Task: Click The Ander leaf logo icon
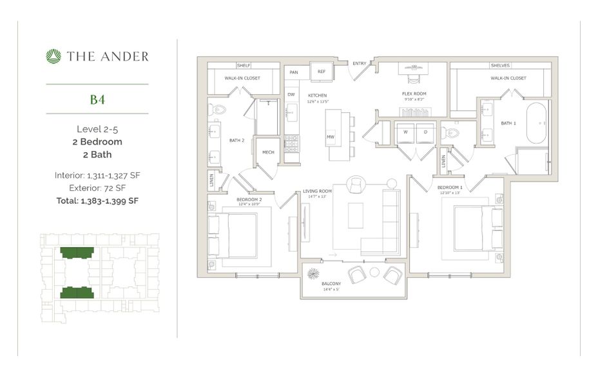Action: coord(53,56)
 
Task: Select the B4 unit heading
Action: coord(97,99)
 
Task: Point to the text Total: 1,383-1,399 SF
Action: coord(97,201)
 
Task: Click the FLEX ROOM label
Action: coord(414,94)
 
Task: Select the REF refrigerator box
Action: coord(321,71)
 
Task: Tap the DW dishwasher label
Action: coord(291,95)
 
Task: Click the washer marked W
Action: coord(405,132)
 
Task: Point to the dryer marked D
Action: coord(425,132)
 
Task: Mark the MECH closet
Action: coord(267,152)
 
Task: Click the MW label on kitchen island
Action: coord(330,137)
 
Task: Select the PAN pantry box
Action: coord(293,72)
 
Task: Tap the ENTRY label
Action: coord(359,63)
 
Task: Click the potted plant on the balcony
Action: coord(313,273)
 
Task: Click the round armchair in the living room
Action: coord(355,185)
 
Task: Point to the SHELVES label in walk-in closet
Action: coord(500,65)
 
